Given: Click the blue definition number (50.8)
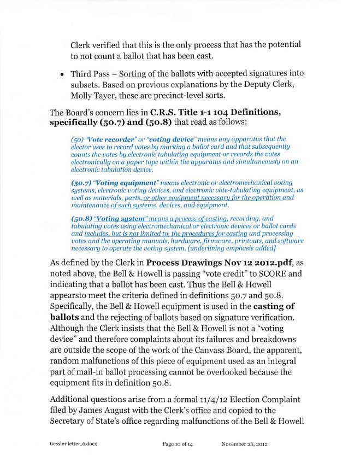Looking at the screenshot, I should [82, 218].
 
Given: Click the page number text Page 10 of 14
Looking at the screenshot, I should [178, 444].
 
